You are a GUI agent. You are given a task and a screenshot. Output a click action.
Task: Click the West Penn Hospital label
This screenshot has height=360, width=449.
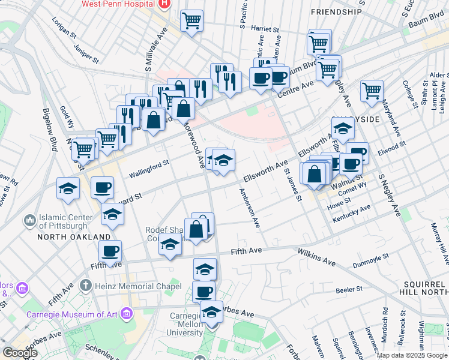tap(119, 4)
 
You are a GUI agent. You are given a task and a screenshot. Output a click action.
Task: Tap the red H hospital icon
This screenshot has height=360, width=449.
tap(164, 4)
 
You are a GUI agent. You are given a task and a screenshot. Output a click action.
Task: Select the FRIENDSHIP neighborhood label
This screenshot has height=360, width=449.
tap(337, 11)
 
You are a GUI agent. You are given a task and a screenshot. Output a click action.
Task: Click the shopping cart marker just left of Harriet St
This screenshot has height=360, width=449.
tap(191, 22)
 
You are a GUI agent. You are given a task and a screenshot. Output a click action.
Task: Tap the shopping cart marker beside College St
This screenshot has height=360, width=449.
tap(372, 91)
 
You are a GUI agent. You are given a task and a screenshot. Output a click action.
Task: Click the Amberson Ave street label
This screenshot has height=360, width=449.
tap(251, 208)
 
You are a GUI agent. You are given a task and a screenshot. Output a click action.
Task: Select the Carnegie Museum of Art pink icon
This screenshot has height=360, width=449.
tap(127, 313)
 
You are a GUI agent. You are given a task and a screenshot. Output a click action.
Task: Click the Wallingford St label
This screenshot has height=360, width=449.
tap(149, 168)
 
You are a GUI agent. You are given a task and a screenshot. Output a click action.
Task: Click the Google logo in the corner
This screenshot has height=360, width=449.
tap(20, 352)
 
